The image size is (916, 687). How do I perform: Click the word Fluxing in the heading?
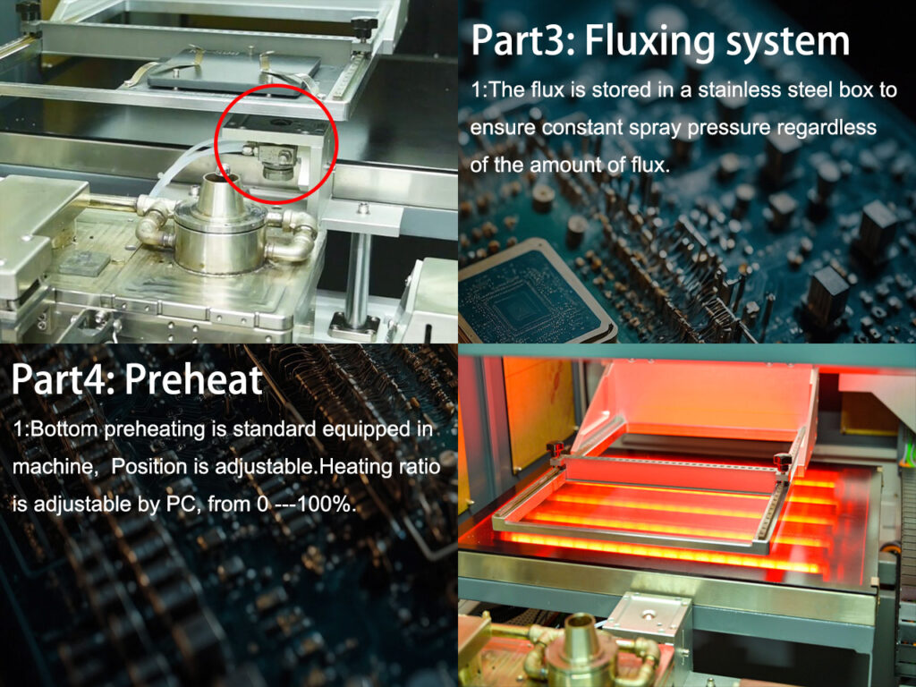(x=649, y=41)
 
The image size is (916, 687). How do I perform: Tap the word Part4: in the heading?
(x=64, y=379)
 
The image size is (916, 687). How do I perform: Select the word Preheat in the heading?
(x=194, y=379)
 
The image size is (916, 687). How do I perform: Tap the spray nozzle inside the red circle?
(x=276, y=162)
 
